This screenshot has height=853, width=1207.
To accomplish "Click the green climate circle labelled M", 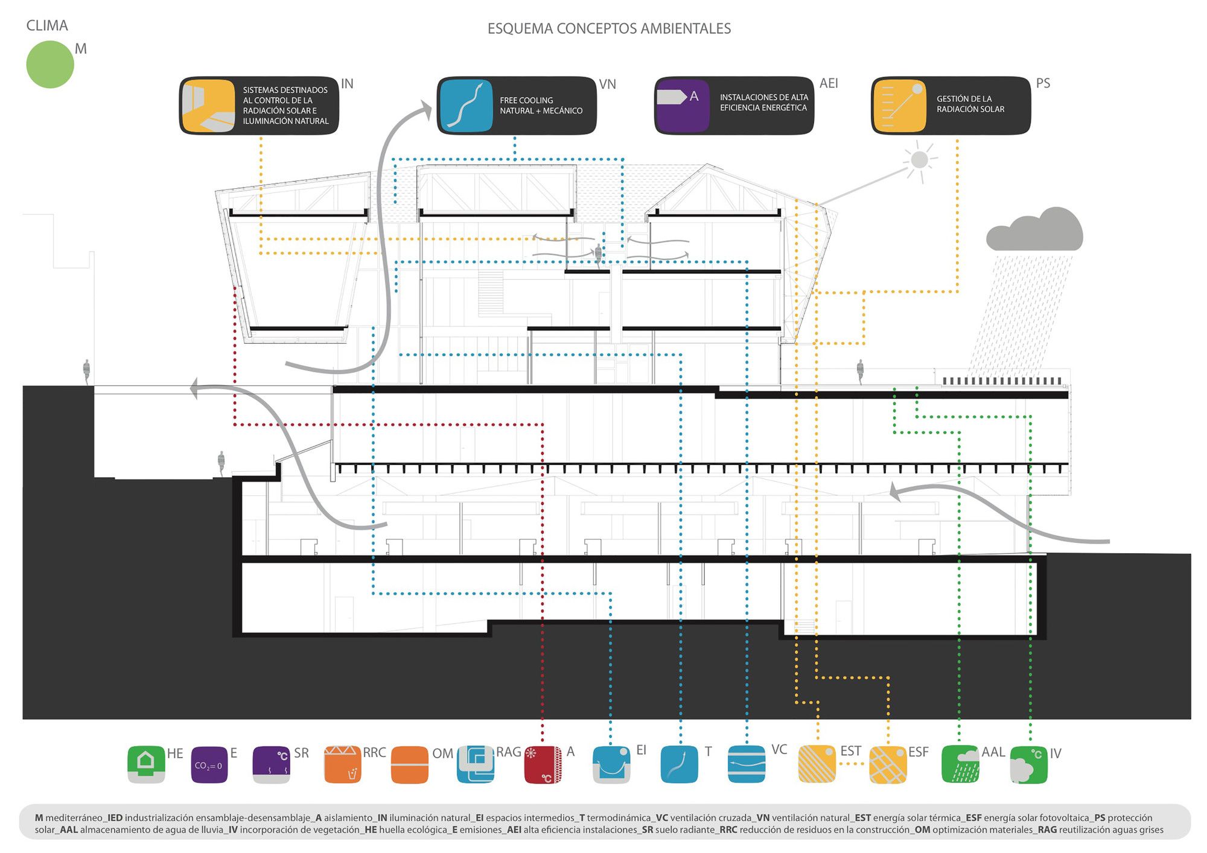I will pyautogui.click(x=50, y=65).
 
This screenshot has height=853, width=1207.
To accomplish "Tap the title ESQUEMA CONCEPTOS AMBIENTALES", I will pyautogui.click(x=609, y=28).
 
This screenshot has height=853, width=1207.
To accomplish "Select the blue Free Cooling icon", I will pyautogui.click(x=466, y=106).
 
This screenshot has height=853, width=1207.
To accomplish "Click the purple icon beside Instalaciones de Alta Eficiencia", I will pyautogui.click(x=682, y=106).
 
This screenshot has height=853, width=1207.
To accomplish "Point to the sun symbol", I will pyautogui.click(x=919, y=160).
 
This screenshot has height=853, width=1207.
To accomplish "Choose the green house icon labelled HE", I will pyautogui.click(x=146, y=764).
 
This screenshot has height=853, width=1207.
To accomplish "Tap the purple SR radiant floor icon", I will pyautogui.click(x=271, y=764).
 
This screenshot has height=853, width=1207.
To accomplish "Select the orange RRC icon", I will pyautogui.click(x=343, y=764).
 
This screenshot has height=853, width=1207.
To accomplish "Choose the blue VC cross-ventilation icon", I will pyautogui.click(x=747, y=764).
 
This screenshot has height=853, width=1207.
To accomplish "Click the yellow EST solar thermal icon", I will pyautogui.click(x=817, y=764).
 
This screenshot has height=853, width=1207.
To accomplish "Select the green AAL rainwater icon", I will pyautogui.click(x=960, y=764).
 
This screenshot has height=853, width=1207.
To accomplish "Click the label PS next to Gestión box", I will pyautogui.click(x=1043, y=83).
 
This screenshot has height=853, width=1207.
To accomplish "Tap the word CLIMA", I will pyautogui.click(x=47, y=25).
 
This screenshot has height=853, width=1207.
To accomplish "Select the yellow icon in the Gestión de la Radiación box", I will pyautogui.click(x=899, y=106).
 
